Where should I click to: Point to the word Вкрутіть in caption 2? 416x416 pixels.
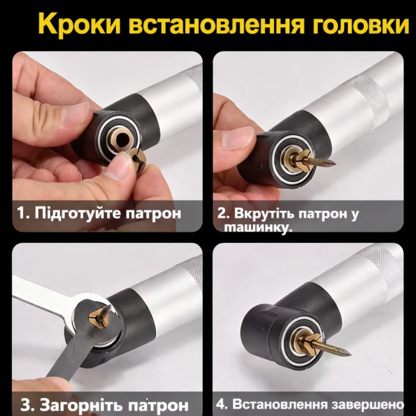click(265, 214)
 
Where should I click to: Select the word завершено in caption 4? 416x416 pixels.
click(365, 406)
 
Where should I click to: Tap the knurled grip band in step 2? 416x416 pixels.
click(372, 104)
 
